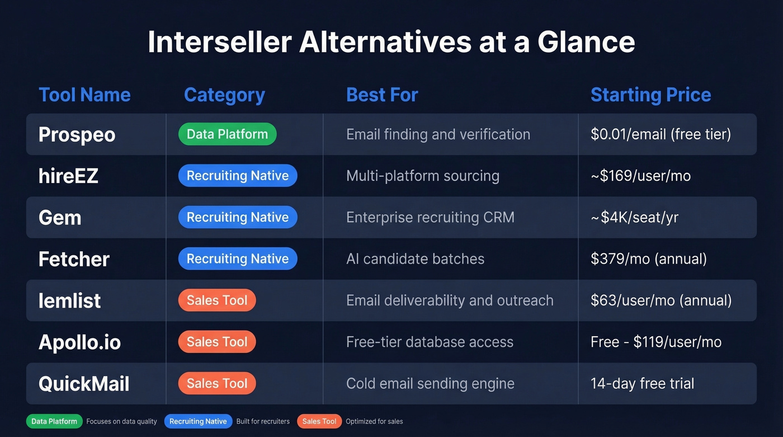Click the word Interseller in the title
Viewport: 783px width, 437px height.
tap(220, 43)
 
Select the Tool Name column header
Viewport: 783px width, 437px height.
tap(84, 95)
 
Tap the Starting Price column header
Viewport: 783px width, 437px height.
tap(650, 95)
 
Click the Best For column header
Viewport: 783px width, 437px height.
tap(382, 95)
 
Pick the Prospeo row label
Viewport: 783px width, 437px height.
tap(77, 134)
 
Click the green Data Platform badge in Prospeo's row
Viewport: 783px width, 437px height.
tap(227, 134)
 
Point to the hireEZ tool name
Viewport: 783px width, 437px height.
tap(68, 176)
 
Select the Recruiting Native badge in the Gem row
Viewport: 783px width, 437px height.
tap(238, 217)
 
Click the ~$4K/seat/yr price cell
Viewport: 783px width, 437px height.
tap(634, 217)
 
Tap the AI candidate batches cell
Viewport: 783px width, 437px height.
tap(415, 259)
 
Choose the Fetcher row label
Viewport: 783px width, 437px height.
tap(74, 259)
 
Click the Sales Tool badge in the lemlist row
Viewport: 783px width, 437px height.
tap(217, 300)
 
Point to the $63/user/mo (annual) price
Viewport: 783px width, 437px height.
tap(661, 300)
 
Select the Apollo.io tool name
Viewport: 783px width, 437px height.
tap(79, 342)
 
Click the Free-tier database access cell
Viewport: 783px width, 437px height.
tap(430, 342)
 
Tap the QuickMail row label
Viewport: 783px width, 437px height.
tap(84, 384)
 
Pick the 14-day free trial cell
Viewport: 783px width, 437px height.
tap(642, 384)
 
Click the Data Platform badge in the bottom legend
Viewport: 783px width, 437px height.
tap(54, 421)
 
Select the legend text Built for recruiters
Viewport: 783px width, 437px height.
tap(263, 421)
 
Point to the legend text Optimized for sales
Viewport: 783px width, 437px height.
tap(374, 421)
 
